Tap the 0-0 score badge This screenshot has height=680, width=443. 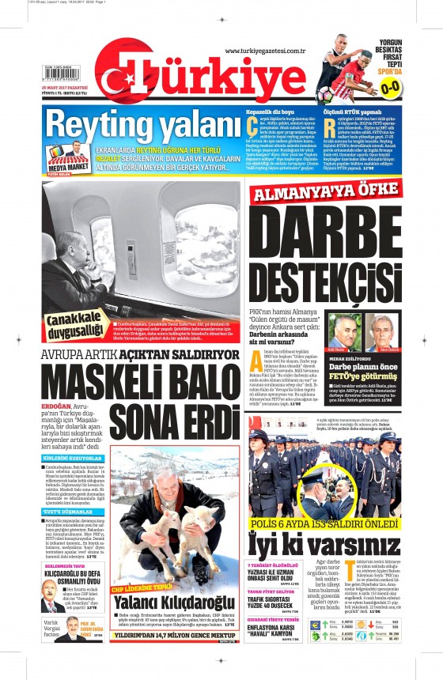pyautogui.click(x=412, y=88)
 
